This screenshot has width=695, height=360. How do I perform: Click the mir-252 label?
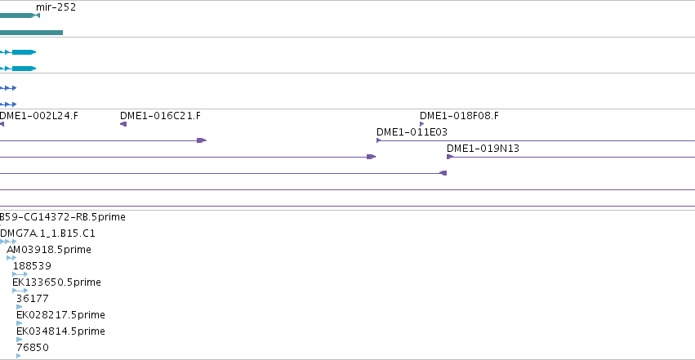[56, 7]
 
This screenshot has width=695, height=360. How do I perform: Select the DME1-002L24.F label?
[39, 116]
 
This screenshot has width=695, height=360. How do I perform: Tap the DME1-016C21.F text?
[160, 116]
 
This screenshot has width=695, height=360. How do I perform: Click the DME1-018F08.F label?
[459, 116]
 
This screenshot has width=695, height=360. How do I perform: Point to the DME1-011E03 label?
[412, 132]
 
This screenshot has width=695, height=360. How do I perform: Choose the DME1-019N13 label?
[483, 149]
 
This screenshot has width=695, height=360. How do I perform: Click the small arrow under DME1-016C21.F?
[123, 124]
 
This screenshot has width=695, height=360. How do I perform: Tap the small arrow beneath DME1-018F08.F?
[422, 124]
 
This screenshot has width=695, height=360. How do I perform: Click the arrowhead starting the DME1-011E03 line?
[378, 140]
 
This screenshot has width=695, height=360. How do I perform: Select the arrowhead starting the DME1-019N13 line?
[450, 157]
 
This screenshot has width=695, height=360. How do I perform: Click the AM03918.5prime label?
[49, 250]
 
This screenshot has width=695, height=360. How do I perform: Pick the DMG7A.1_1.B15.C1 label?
[47, 233]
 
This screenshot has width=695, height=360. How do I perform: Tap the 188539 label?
[32, 266]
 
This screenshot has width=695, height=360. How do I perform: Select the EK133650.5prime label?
[56, 282]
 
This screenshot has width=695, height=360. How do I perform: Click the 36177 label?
[33, 299]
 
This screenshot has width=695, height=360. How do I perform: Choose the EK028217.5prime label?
[60, 315]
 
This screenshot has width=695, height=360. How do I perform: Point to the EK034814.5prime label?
[60, 331]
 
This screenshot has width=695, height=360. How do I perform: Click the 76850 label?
[33, 348]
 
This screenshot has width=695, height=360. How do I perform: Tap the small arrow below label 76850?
[19, 356]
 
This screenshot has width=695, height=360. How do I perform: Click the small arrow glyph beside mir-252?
[37, 16]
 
